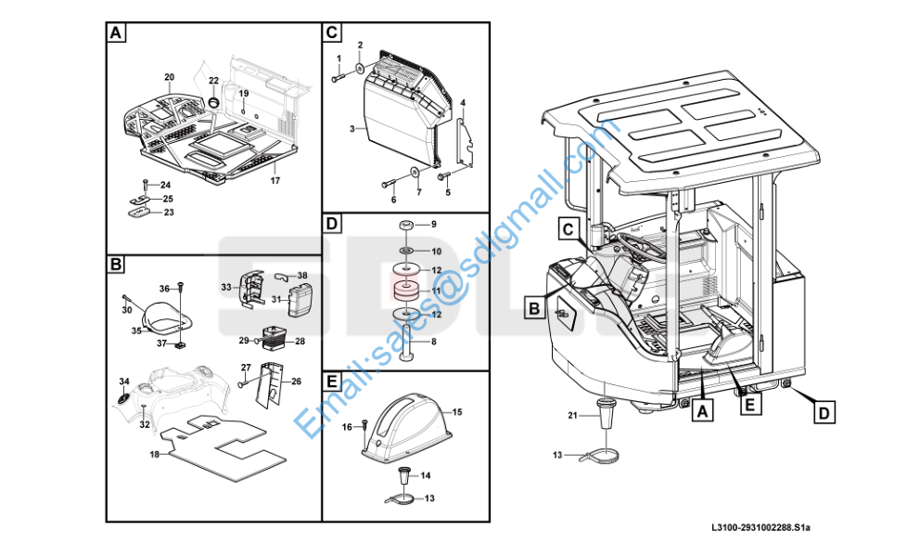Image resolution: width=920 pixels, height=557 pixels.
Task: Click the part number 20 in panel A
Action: pyautogui.click(x=169, y=77)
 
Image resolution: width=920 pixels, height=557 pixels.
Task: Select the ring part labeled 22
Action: pyautogui.click(x=213, y=101)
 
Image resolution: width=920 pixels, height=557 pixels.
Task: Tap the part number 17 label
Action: pyautogui.click(x=275, y=180)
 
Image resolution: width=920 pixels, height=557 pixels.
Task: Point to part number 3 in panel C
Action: pyautogui.click(x=352, y=129)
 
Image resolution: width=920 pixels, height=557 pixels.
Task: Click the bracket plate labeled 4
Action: pyautogui.click(x=468, y=144)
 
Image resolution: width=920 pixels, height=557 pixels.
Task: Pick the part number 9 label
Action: pyautogui.click(x=432, y=225)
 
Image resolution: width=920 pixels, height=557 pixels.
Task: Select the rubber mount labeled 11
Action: pyautogui.click(x=405, y=291)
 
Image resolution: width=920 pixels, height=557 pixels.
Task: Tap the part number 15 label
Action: pyautogui.click(x=456, y=410)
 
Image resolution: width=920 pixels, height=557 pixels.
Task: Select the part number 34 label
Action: pyautogui.click(x=124, y=382)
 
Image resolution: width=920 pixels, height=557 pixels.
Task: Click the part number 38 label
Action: pyautogui.click(x=302, y=276)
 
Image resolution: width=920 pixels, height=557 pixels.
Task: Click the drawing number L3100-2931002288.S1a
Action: pyautogui.click(x=760, y=528)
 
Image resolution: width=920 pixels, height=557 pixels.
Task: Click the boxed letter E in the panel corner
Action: pyautogui.click(x=332, y=381)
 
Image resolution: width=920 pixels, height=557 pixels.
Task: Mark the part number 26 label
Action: pyautogui.click(x=296, y=382)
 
